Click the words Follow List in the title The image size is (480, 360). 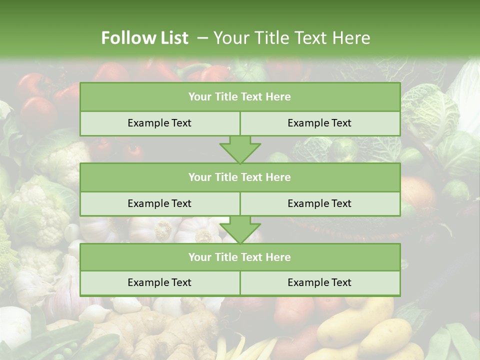[x=144, y=38]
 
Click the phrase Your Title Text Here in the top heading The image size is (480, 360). [x=291, y=38]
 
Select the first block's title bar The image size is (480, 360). [x=240, y=97]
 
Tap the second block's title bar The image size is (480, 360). [x=240, y=177]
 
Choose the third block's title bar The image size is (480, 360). [x=240, y=257]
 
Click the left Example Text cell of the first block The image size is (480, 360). [x=159, y=123]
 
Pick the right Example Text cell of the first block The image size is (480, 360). [x=320, y=123]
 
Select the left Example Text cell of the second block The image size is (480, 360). [x=159, y=204]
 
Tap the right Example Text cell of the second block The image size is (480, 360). [x=320, y=204]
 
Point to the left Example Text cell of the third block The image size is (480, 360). [x=159, y=283]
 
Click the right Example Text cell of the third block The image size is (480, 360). [x=320, y=283]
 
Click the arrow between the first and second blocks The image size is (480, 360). [x=240, y=149]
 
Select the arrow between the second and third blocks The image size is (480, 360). [x=240, y=230]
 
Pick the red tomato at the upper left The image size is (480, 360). [x=37, y=110]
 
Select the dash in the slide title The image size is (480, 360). [x=202, y=38]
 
